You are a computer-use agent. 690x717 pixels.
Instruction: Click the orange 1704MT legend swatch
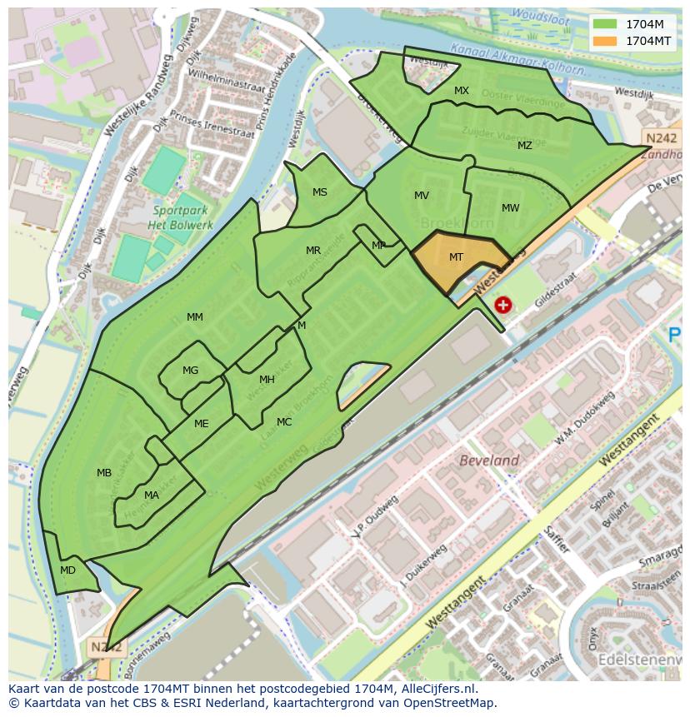coord(605,41)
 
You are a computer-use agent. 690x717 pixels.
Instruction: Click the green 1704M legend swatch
coord(605,24)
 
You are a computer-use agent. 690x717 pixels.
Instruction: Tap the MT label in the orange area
coord(456,257)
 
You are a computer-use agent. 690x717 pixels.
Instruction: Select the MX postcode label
coord(462,91)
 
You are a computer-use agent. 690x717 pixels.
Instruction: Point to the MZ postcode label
coord(524,146)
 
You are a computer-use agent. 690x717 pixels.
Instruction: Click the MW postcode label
coord(510,208)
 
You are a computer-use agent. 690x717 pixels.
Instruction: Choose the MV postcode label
coord(422,196)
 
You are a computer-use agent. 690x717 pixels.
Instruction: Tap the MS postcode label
coord(320,192)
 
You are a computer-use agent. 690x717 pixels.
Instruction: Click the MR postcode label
coord(313,251)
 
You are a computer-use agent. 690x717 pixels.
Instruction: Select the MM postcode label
coord(195,317)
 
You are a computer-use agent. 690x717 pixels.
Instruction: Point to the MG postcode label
coord(191,371)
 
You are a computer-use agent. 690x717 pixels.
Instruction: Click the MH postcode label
coord(267,380)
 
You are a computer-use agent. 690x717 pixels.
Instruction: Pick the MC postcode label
coord(284,422)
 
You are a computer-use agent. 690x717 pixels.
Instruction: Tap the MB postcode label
coord(104,473)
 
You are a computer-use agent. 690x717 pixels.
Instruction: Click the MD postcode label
coord(68,570)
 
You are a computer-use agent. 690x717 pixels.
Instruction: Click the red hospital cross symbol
coord(502,305)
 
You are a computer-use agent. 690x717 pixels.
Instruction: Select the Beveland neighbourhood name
coord(489,461)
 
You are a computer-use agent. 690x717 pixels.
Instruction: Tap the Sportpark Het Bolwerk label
coord(181,217)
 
